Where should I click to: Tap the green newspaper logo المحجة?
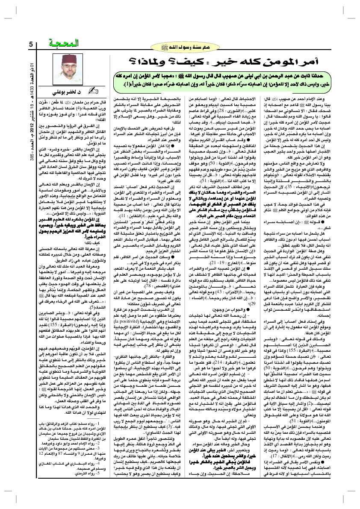click(63, 43)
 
